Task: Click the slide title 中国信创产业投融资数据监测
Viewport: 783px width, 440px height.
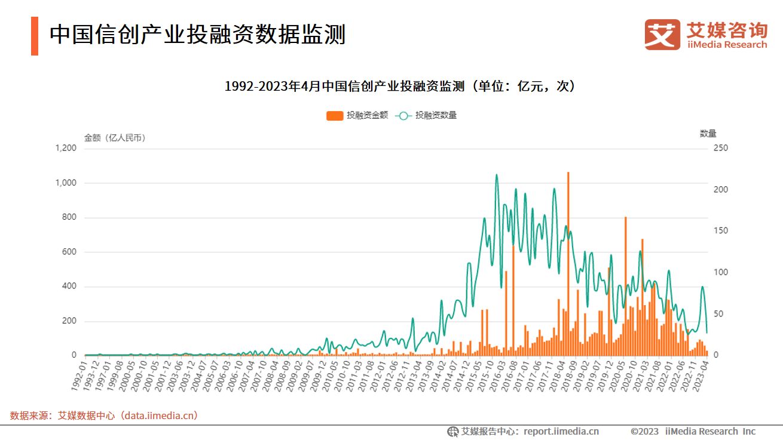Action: [x=197, y=35]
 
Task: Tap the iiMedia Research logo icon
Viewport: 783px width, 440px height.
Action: [x=662, y=35]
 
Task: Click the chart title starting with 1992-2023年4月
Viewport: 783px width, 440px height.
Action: [x=399, y=87]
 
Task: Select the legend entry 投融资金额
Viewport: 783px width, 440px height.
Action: [x=357, y=115]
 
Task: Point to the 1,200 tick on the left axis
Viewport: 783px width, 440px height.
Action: [x=66, y=148]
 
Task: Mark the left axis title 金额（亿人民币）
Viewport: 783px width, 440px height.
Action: [x=115, y=138]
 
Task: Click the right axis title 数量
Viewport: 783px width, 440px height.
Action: [x=708, y=134]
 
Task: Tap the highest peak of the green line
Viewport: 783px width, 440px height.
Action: [x=497, y=175]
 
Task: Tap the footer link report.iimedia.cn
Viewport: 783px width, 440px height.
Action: [x=561, y=431]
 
